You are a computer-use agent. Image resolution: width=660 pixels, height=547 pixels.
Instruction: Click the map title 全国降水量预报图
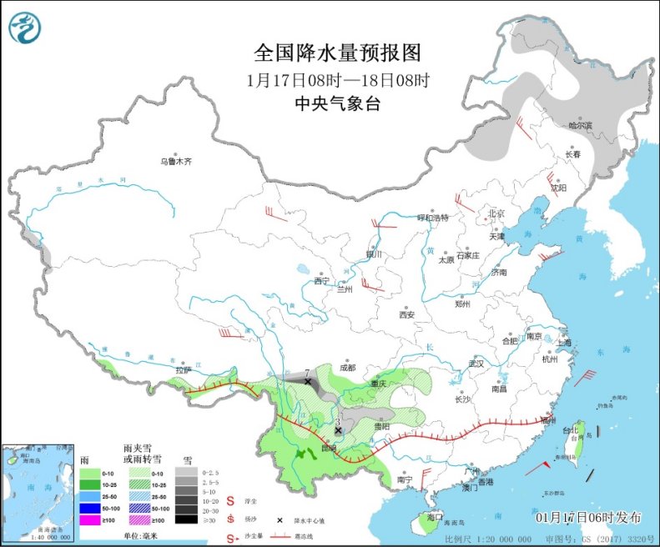pyautogui.click(x=338, y=53)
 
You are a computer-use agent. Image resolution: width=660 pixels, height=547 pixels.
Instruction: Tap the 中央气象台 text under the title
pyautogui.click(x=338, y=103)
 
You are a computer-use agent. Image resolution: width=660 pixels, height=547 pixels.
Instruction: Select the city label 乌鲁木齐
pyautogui.click(x=176, y=161)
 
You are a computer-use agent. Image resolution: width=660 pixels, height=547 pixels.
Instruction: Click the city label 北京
pyautogui.click(x=497, y=213)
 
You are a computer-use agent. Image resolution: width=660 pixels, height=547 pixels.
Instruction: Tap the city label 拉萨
pyautogui.click(x=184, y=369)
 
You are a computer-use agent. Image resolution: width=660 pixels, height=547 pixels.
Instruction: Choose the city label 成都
pyautogui.click(x=348, y=367)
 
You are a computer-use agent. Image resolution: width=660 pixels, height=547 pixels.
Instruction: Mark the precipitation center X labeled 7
pyautogui.click(x=308, y=381)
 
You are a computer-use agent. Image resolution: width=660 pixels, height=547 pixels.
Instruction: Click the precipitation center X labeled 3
pyautogui.click(x=338, y=430)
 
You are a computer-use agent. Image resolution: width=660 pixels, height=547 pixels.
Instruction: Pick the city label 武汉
pyautogui.click(x=476, y=364)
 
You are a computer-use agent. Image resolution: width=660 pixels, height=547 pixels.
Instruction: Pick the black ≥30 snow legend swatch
pyautogui.click(x=190, y=518)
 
